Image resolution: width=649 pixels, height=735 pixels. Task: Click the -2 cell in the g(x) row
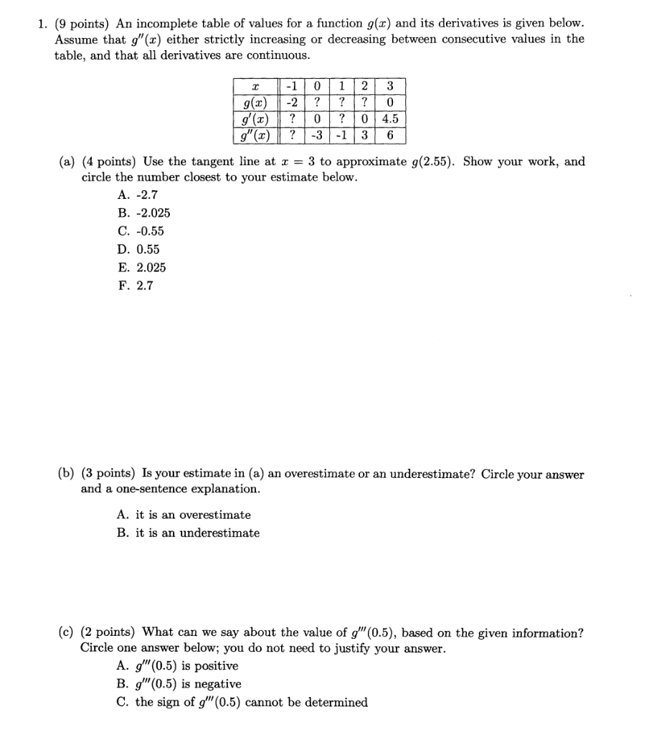(x=293, y=103)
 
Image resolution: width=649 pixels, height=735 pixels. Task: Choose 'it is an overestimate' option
(x=184, y=515)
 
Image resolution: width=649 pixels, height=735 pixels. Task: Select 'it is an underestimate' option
(x=189, y=533)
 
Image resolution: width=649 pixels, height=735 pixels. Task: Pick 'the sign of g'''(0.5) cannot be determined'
(x=242, y=702)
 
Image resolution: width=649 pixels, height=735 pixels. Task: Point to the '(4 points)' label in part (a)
(x=111, y=161)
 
